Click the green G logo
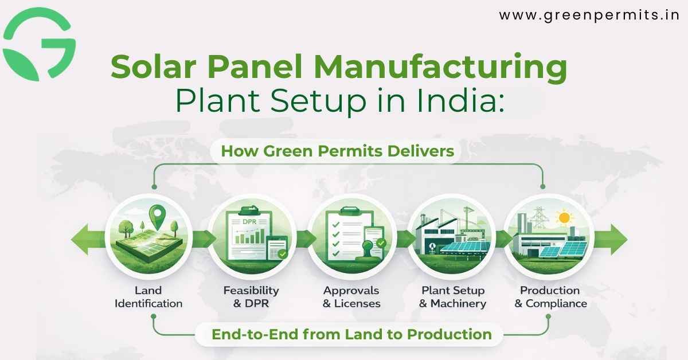coord(39,44)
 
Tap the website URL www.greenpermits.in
coord(589,15)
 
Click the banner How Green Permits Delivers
coord(337,152)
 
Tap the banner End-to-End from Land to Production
coord(351,334)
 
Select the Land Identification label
coord(148,297)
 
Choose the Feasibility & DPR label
coord(251,297)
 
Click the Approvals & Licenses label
coord(351,297)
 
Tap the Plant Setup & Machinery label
coord(452,297)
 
